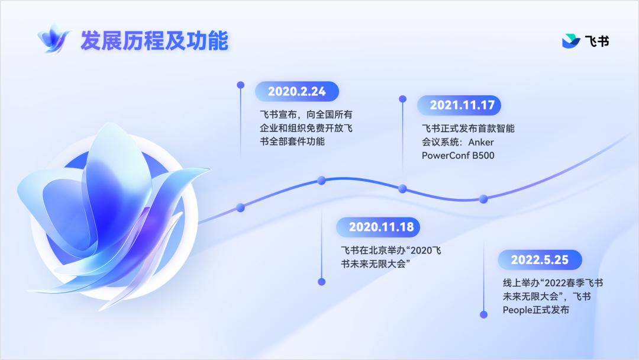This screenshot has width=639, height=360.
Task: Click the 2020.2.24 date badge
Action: pos(296,91)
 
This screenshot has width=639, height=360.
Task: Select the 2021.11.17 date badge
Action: pos(459,105)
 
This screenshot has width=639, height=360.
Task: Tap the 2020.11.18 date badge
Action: pos(377,227)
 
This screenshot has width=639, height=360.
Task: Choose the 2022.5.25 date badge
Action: pos(540,260)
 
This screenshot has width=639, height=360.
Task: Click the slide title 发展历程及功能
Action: pos(154,40)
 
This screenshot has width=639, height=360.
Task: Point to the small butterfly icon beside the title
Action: pos(53,38)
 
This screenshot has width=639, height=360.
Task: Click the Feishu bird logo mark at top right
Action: pos(570,41)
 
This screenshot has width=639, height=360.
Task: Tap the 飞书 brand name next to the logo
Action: pos(597,41)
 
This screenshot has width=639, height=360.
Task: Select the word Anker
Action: pos(481,142)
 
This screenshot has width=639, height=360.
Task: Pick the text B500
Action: pos(483,155)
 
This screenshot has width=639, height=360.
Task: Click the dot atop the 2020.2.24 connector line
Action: pos(241,85)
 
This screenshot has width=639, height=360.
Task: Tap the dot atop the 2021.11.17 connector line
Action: pos(403,99)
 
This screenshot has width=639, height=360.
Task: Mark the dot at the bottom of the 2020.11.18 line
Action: pos(321,282)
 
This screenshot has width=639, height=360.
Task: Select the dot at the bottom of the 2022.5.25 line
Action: pos(484,315)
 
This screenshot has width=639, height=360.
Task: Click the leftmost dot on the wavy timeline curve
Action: pos(240,207)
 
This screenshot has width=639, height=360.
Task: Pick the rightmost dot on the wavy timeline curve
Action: pos(483,199)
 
